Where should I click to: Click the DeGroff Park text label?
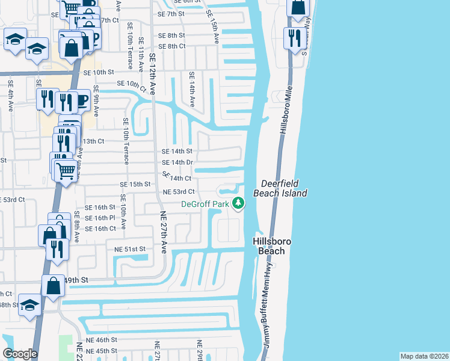(x=205, y=205)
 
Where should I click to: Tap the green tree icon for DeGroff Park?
(x=239, y=203)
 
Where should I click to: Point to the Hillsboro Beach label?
(x=271, y=246)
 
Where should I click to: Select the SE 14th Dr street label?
(x=177, y=162)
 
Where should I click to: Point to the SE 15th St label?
(x=135, y=184)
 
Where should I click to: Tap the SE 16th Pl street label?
(x=100, y=217)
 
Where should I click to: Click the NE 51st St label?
(x=126, y=248)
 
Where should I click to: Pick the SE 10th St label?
(x=99, y=72)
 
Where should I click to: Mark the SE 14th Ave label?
(x=192, y=89)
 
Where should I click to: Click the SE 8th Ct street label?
(x=171, y=46)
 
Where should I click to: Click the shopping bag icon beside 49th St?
(x=53, y=286)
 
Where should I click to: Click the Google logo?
(x=20, y=354)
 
